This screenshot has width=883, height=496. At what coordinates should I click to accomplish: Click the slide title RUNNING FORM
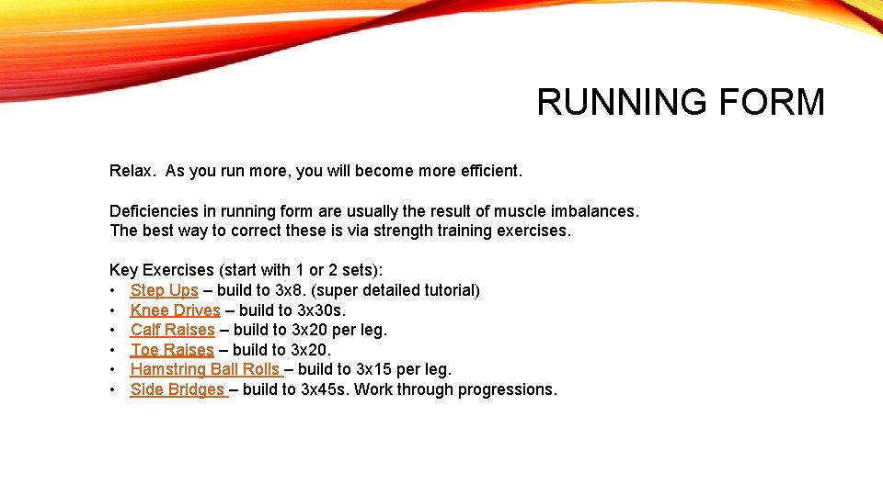(681, 102)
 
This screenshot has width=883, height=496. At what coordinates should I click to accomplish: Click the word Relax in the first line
(132, 171)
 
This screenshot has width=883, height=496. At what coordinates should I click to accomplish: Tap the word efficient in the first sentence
(486, 171)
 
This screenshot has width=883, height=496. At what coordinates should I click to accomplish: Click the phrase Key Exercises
(161, 270)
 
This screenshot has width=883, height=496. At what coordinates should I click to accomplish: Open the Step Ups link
(164, 290)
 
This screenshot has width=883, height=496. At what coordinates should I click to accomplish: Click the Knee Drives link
(175, 310)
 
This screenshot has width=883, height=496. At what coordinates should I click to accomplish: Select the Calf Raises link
(172, 330)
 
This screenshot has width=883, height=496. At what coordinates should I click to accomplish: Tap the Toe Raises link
(172, 350)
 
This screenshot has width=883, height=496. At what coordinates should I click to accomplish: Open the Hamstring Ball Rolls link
(206, 369)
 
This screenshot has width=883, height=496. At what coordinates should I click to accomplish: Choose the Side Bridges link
(178, 389)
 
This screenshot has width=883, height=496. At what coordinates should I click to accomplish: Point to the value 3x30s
(321, 310)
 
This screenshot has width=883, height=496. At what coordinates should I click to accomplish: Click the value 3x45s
(325, 389)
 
